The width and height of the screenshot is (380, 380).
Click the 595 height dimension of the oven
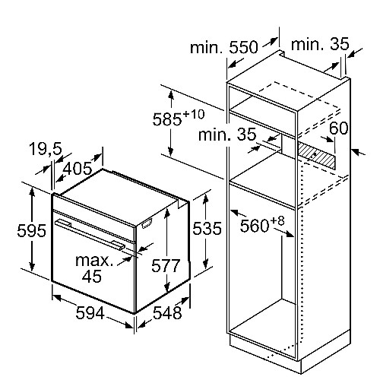tap(32, 230)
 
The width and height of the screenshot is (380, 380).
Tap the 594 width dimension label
tap(90, 313)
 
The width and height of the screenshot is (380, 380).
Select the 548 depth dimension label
tap(167, 312)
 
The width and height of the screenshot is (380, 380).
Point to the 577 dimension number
tap(166, 266)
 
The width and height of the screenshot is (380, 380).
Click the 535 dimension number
tap(207, 229)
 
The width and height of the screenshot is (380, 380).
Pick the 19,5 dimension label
tap(46, 149)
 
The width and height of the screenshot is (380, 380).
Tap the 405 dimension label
tap(78, 168)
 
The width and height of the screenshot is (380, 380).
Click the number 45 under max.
tap(92, 276)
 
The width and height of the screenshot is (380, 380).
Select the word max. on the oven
tap(94, 260)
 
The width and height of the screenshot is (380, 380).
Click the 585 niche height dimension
tap(167, 119)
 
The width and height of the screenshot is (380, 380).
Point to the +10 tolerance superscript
tap(194, 114)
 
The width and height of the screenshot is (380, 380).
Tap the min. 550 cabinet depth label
tap(224, 47)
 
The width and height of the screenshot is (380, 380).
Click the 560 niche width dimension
tap(255, 226)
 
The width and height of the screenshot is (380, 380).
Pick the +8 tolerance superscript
tap(278, 221)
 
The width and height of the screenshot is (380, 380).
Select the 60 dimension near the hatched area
tap(338, 128)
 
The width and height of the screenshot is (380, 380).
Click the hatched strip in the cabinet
tap(317, 154)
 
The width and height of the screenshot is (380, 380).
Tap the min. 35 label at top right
tap(320, 44)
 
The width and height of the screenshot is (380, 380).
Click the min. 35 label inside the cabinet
tap(227, 135)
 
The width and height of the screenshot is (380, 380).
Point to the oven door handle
tap(89, 234)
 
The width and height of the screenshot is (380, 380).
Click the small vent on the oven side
tap(147, 223)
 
